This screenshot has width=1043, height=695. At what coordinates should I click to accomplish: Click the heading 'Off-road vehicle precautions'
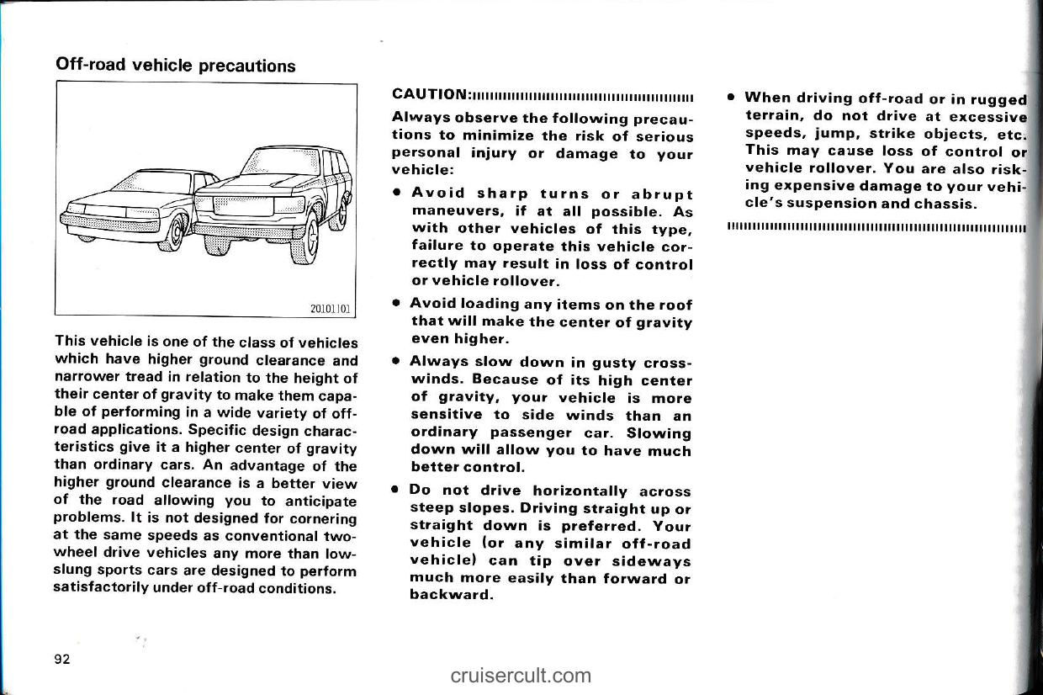click(175, 65)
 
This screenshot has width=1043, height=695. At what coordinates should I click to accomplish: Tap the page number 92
click(61, 658)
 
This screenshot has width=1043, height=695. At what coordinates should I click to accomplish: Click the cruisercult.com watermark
click(521, 675)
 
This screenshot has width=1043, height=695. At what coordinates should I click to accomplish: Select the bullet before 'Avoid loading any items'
click(394, 303)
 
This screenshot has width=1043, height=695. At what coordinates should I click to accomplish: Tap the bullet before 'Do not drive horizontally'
click(394, 489)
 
